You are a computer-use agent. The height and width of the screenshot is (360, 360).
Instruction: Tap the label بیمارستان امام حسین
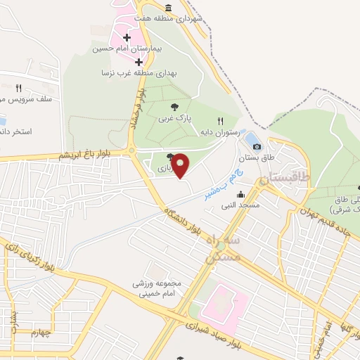coord(132,50)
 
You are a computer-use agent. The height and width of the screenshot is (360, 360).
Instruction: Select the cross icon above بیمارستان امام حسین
coord(127,38)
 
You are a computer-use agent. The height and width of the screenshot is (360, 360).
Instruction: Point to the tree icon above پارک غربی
coord(174,106)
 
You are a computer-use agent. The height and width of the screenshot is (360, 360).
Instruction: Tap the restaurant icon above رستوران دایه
coord(221,121)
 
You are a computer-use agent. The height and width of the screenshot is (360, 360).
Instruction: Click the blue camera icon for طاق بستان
coord(257,146)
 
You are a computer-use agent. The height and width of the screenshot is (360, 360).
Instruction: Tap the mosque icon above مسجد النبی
coord(241,195)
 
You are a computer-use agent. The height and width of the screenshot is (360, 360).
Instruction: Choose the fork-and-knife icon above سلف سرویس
coord(19,89)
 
